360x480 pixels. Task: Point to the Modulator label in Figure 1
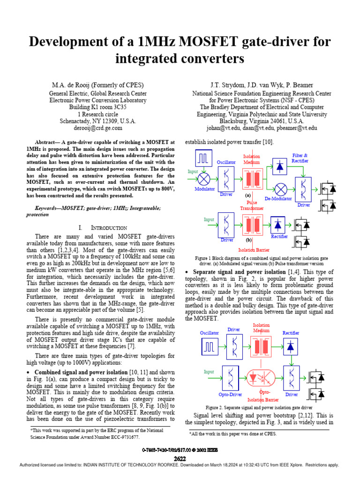tap(204, 189)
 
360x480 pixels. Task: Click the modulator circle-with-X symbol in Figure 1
tap(204, 179)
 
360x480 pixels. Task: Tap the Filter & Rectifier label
tap(300, 158)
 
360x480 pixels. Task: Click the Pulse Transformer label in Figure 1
tap(252, 205)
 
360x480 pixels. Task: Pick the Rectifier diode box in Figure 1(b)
tap(279, 225)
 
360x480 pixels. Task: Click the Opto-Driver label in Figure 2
tap(230, 395)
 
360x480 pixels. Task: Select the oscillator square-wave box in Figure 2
tap(209, 347)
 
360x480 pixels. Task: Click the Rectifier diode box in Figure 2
tap(291, 346)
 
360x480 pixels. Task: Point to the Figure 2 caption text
tap(259, 408)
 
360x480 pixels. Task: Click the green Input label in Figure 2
tap(209, 372)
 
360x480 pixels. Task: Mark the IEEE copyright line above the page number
tap(180, 450)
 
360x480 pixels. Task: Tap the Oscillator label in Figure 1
tap(226, 162)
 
